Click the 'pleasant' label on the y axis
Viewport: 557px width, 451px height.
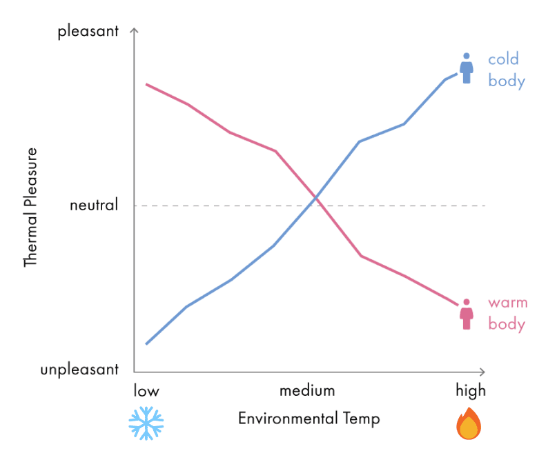click(88, 31)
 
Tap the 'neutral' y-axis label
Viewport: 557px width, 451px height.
click(95, 205)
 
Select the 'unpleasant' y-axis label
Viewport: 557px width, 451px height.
click(79, 370)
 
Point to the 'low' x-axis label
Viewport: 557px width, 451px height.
click(146, 390)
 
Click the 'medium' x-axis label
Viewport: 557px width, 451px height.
click(307, 390)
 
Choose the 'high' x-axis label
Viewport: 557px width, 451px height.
click(471, 390)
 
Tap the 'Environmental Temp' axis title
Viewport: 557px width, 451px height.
click(309, 419)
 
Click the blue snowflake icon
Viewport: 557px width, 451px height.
click(146, 423)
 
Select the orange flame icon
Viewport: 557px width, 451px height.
click(469, 423)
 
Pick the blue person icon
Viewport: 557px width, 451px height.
click(467, 68)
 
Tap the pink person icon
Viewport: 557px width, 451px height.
click(467, 314)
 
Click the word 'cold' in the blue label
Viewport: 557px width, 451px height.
click(503, 59)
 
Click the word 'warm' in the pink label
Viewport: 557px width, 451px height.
click(507, 303)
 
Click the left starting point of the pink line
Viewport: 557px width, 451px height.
click(146, 84)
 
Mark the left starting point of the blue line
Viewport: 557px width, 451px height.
click(146, 343)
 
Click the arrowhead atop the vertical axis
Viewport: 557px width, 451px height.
click(135, 31)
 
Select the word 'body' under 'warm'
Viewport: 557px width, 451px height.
click(507, 324)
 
